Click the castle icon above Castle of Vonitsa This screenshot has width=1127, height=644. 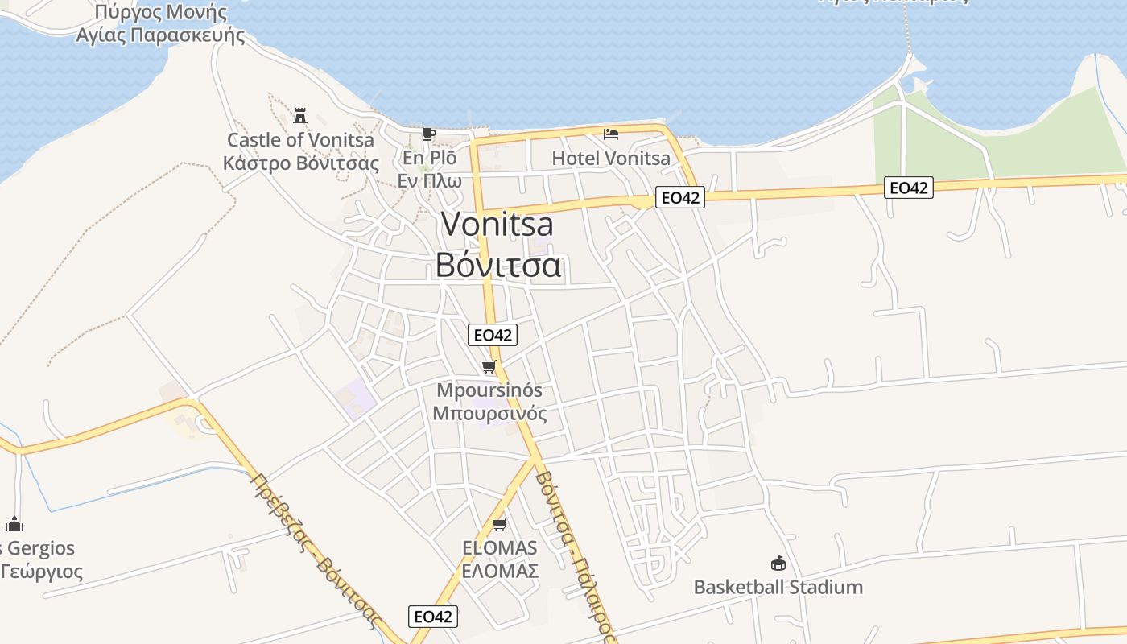[x=300, y=115]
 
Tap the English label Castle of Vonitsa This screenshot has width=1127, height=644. [x=300, y=140]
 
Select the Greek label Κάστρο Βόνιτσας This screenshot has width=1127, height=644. [x=300, y=163]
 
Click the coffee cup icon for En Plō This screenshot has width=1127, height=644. [x=429, y=134]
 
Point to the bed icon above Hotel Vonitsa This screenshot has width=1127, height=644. [x=611, y=134]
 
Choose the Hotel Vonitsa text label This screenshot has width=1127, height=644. [x=611, y=159]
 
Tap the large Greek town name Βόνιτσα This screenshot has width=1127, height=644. [x=497, y=264]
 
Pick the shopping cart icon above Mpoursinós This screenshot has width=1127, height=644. [x=489, y=367]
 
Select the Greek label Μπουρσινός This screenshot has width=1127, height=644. [x=489, y=414]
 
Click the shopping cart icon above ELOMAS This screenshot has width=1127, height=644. [x=499, y=525]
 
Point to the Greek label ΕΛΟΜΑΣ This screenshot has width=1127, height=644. [x=499, y=572]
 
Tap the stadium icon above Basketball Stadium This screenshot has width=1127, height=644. [x=778, y=563]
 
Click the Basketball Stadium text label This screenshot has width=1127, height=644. [x=778, y=587]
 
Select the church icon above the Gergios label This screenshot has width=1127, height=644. [x=14, y=525]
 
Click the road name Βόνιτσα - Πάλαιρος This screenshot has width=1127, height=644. [x=574, y=555]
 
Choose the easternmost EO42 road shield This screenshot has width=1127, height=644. [x=908, y=188]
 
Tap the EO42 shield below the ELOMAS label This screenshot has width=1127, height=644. [x=433, y=617]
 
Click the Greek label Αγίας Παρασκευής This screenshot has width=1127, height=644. [x=160, y=35]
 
